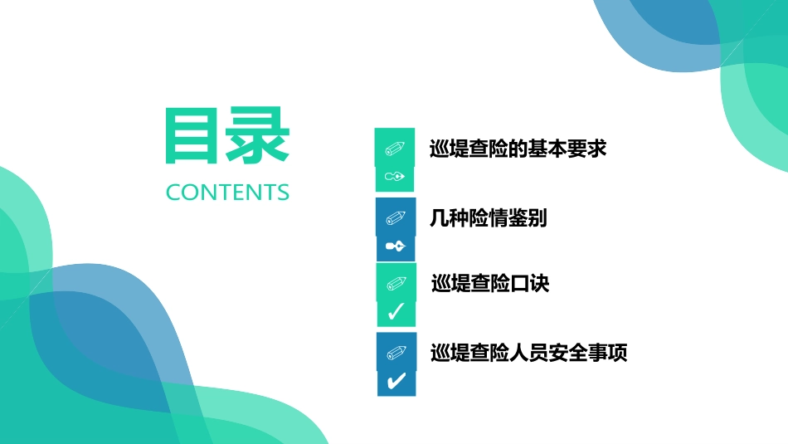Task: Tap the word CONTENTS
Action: (227, 193)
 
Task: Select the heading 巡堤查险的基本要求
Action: (518, 149)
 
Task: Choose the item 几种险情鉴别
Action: (488, 218)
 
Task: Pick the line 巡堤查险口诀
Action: (490, 284)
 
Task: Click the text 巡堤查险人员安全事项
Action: (528, 354)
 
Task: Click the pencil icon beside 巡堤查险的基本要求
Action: (395, 149)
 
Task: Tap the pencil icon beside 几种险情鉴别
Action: (396, 218)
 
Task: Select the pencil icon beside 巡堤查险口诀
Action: (396, 284)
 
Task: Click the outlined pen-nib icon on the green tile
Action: (396, 177)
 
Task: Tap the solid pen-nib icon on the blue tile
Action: (396, 246)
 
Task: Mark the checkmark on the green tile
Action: (396, 312)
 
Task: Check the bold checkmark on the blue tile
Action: (396, 381)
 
